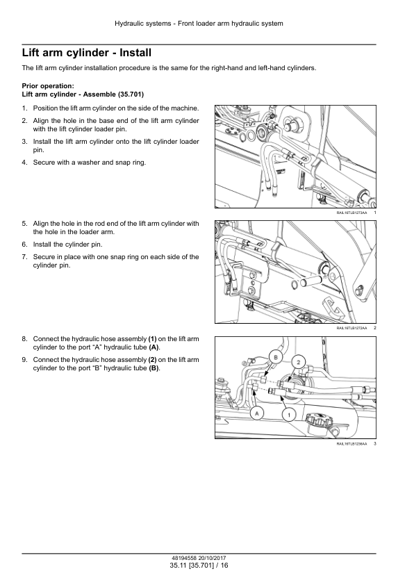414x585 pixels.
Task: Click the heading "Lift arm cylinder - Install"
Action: [x=87, y=53]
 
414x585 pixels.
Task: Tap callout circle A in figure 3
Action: [x=256, y=413]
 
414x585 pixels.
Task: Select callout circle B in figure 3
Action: [x=276, y=357]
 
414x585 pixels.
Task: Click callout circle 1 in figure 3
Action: [x=289, y=414]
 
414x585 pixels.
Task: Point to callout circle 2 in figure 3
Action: [x=299, y=361]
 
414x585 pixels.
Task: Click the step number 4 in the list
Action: [x=24, y=163]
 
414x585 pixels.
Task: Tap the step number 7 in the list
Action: [x=24, y=257]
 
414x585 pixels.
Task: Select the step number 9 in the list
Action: [x=24, y=360]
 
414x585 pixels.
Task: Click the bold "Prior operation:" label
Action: [x=48, y=86]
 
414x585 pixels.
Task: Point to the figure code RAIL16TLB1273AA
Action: [x=351, y=213]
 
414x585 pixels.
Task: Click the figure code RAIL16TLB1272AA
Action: [x=351, y=328]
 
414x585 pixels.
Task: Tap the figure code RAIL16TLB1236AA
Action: [x=351, y=443]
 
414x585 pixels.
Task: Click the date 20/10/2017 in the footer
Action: [x=212, y=558]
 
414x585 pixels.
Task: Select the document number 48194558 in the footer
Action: [x=184, y=558]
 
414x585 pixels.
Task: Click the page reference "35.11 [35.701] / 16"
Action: [x=199, y=566]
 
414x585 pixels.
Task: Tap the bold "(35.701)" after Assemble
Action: [x=131, y=94]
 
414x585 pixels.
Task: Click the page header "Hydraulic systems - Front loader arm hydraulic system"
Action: [x=199, y=24]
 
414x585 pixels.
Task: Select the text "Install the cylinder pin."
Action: [x=67, y=245]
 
